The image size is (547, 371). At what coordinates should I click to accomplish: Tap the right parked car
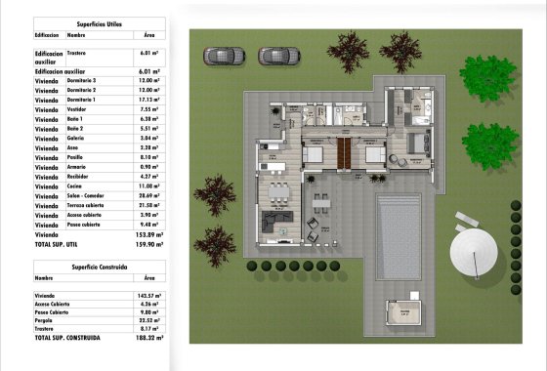coord(277,56)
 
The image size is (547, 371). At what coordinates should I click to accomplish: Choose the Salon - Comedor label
coord(87,195)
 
